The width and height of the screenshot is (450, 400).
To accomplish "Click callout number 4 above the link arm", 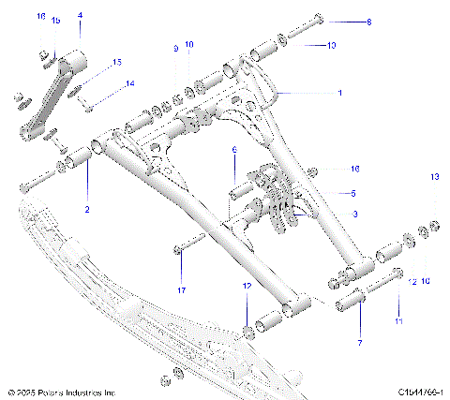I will [80, 16].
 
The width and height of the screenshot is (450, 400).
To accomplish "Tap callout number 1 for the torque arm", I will [339, 93].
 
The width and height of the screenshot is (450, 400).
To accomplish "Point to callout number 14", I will [130, 83].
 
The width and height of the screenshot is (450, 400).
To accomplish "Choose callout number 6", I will [234, 150].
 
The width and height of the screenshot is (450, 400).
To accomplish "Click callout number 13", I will [433, 176].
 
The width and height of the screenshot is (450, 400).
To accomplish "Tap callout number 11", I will [397, 320].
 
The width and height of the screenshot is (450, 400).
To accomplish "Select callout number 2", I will [87, 210].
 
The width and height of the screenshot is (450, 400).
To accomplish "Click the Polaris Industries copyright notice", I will [61, 391].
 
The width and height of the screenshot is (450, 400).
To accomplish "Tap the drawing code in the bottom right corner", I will [419, 391].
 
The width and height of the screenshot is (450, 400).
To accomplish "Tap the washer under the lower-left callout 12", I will [247, 331].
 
